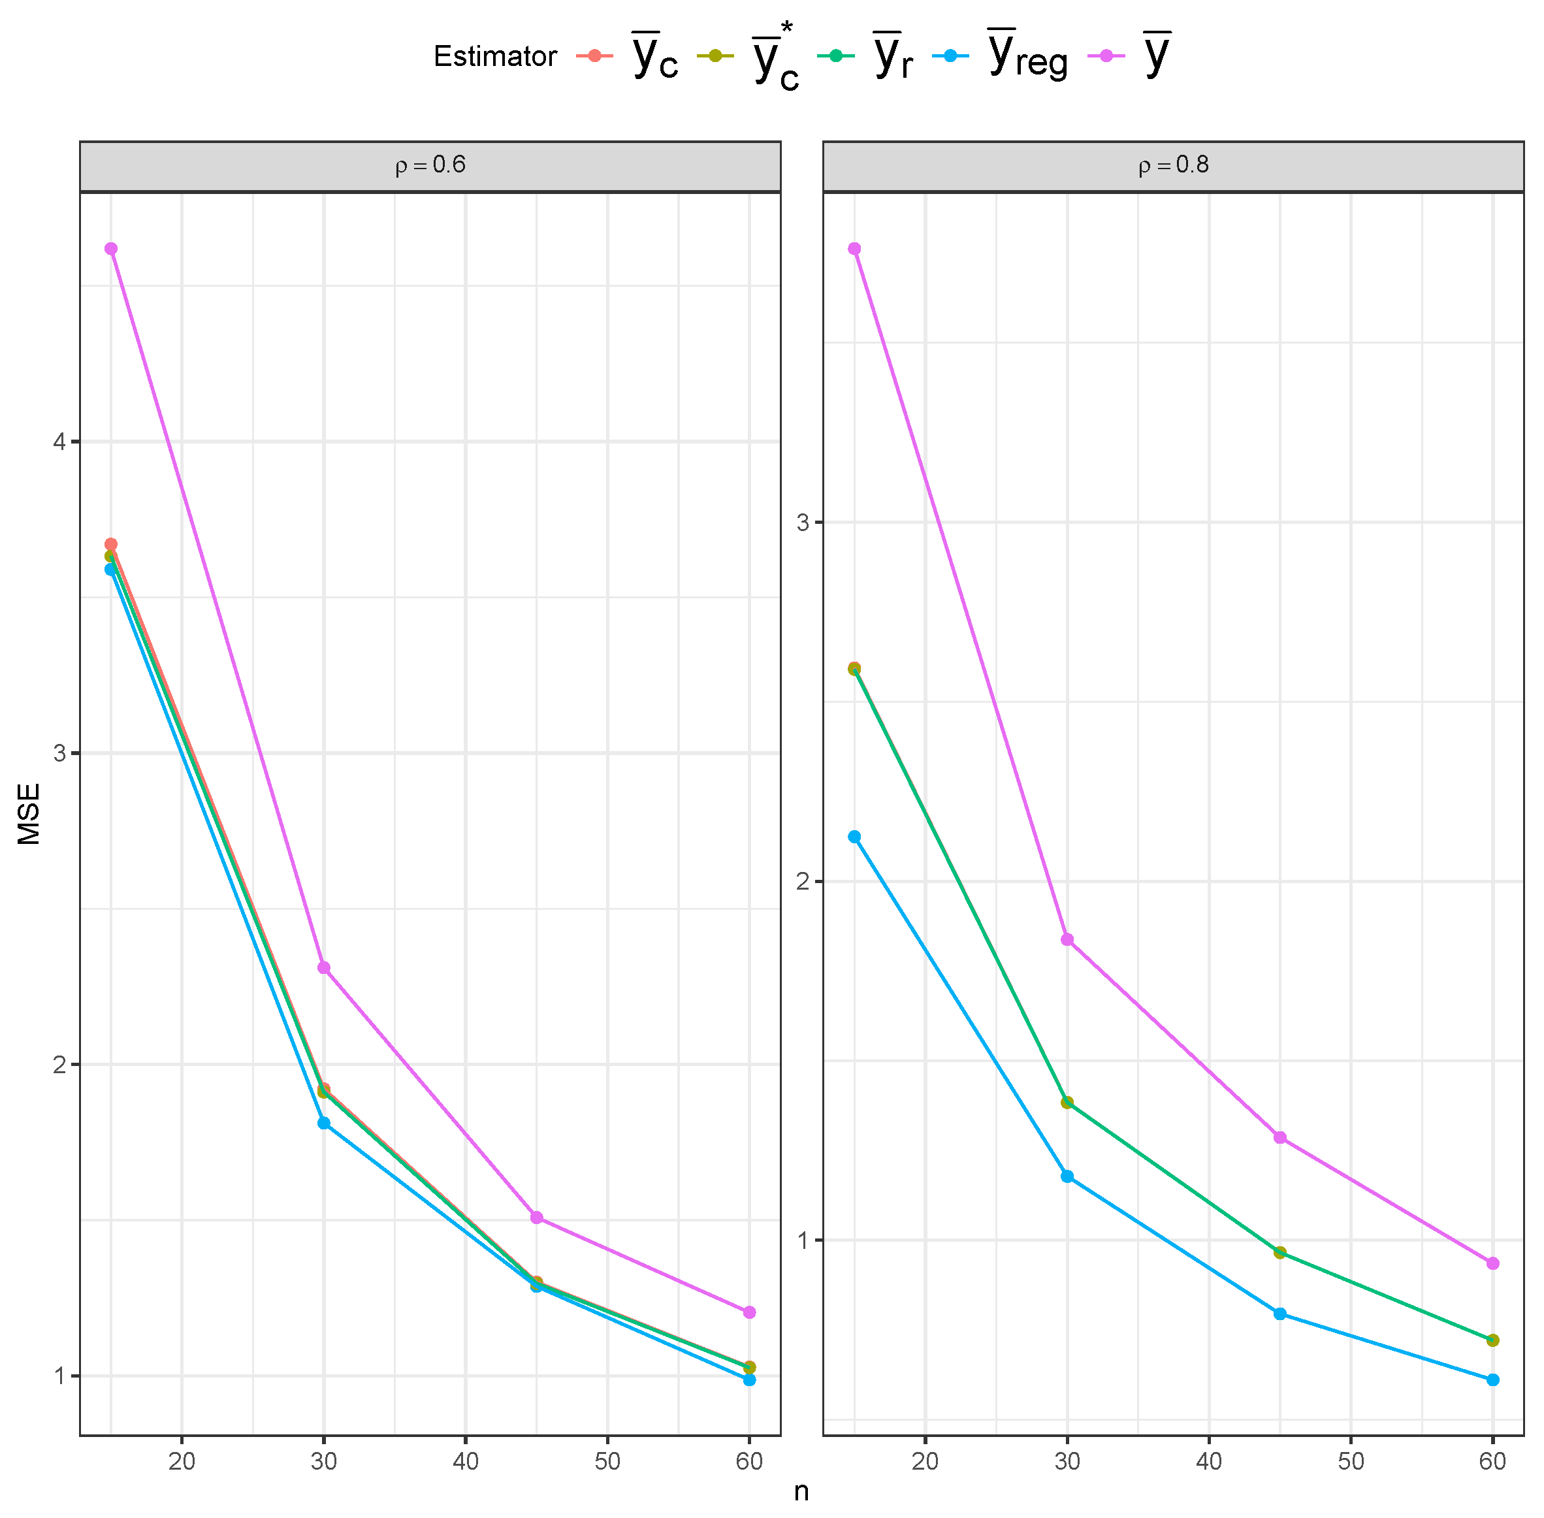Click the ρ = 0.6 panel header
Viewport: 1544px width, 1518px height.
click(430, 166)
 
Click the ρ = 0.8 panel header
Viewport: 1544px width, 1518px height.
click(1172, 166)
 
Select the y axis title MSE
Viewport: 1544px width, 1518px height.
click(29, 813)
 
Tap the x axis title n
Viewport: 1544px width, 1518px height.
click(801, 1491)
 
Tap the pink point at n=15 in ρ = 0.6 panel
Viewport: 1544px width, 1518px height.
click(111, 249)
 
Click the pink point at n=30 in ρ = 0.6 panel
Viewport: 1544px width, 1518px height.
click(324, 968)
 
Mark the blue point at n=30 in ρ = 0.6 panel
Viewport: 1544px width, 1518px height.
click(324, 1123)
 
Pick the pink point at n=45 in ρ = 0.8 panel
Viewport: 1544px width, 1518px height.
click(1280, 1138)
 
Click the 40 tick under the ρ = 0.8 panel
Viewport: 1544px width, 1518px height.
click(1209, 1461)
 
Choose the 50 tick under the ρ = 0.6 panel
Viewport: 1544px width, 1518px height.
click(607, 1461)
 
